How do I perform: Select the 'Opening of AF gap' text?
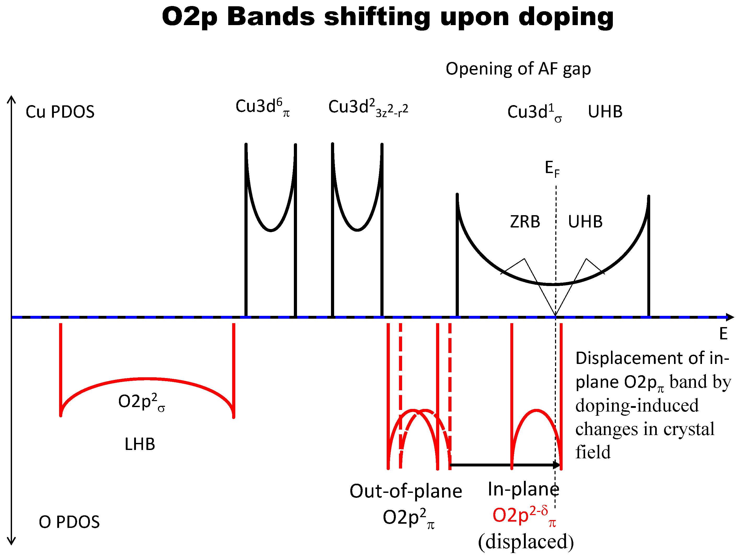coord(518,69)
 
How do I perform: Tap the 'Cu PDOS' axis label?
coord(60,112)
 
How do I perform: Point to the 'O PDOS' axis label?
coord(69,522)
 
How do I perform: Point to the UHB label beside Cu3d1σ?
coord(605,112)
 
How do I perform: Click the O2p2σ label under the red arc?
coord(141,402)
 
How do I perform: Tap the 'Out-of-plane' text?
coord(406,491)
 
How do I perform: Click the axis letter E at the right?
coord(723,334)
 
